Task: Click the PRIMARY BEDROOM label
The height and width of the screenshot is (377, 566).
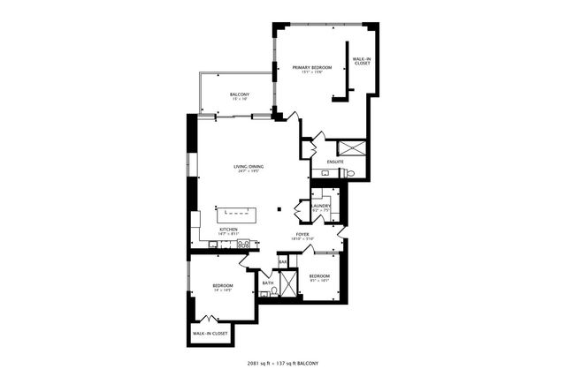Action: coord(312,68)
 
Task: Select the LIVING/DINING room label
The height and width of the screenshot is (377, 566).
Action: coord(249,167)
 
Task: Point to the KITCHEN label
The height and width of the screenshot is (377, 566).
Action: coord(229,230)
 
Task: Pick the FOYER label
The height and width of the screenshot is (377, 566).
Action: coord(302,235)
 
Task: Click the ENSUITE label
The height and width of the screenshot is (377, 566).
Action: coord(335,162)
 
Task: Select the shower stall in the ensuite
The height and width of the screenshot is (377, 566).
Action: coord(352,147)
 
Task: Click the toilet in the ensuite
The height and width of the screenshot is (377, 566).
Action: coord(349,174)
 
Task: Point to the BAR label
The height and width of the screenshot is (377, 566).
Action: coord(283,261)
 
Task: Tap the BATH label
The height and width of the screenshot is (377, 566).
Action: coord(279,283)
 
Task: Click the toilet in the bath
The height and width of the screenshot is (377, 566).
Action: coord(274,290)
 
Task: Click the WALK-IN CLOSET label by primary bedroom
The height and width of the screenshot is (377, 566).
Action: coord(361,61)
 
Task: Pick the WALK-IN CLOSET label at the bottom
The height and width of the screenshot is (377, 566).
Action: coord(210,333)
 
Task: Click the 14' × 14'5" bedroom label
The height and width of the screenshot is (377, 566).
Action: coord(223,287)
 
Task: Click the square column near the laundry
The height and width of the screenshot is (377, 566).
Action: coord(279,209)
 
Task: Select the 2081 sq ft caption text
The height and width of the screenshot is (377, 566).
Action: coord(284,363)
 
